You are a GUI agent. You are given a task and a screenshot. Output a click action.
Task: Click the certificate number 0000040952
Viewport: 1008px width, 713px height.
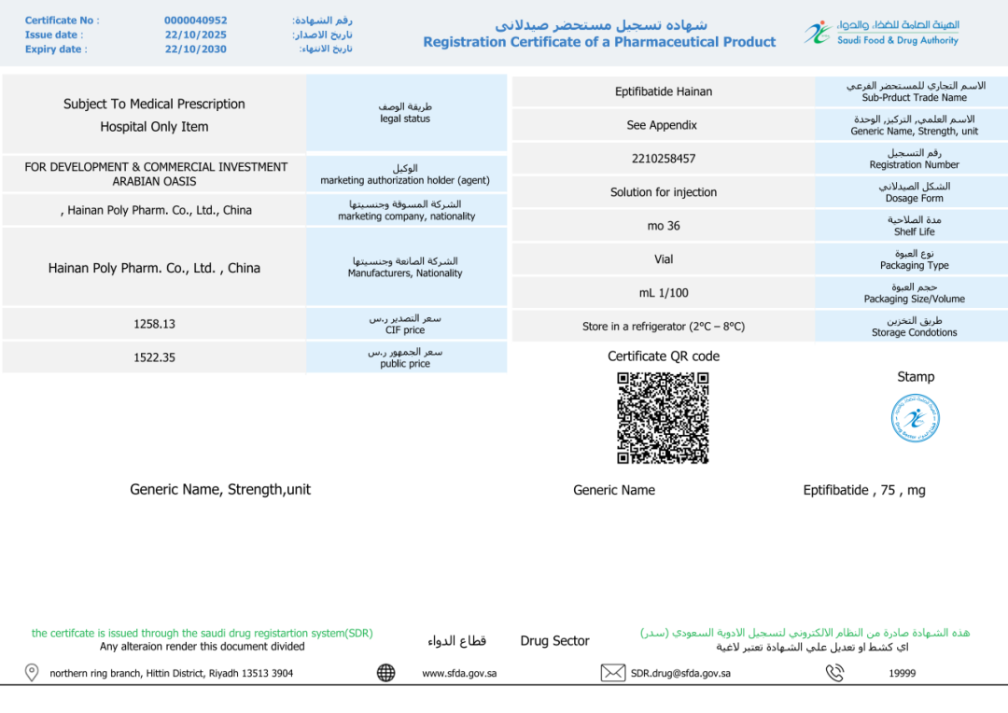[195, 21]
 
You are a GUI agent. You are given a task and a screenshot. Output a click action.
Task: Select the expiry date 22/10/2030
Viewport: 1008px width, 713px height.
[195, 49]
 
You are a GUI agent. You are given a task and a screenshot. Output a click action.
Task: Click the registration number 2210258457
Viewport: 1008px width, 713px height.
[663, 159]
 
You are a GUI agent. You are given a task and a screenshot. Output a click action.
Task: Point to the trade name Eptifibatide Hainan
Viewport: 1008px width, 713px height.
[663, 91]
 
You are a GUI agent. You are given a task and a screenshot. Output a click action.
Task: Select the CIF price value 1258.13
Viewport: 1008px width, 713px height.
[154, 325]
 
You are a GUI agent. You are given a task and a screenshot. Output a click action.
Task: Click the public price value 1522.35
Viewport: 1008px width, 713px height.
[154, 357]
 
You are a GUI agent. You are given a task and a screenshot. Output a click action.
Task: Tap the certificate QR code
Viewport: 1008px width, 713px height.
[663, 418]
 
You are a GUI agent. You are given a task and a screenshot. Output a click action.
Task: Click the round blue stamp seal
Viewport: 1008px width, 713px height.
[915, 418]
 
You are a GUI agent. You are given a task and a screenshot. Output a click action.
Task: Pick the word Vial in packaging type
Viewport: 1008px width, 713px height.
[663, 259]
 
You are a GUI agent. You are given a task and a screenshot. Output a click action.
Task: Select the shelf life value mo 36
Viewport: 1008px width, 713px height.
[663, 226]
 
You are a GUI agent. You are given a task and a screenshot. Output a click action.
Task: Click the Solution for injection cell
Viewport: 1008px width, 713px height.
[663, 192]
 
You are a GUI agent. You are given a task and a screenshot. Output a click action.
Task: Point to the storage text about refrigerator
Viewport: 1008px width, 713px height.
[663, 327]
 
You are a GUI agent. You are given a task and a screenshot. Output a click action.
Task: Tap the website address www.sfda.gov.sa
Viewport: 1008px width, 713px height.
[459, 673]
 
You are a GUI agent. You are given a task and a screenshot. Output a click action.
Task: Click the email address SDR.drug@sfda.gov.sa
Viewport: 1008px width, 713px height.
[680, 673]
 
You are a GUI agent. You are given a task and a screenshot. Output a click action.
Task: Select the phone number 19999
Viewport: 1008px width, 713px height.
[902, 673]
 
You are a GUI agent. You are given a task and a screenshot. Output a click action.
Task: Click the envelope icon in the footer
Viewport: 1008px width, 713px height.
[612, 673]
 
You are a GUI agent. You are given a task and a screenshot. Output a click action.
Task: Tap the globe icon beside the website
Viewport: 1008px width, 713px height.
[385, 673]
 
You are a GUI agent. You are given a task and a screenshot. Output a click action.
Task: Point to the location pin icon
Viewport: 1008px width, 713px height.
[32, 673]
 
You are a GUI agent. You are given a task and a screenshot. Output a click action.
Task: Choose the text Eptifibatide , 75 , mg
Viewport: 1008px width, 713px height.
[864, 490]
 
